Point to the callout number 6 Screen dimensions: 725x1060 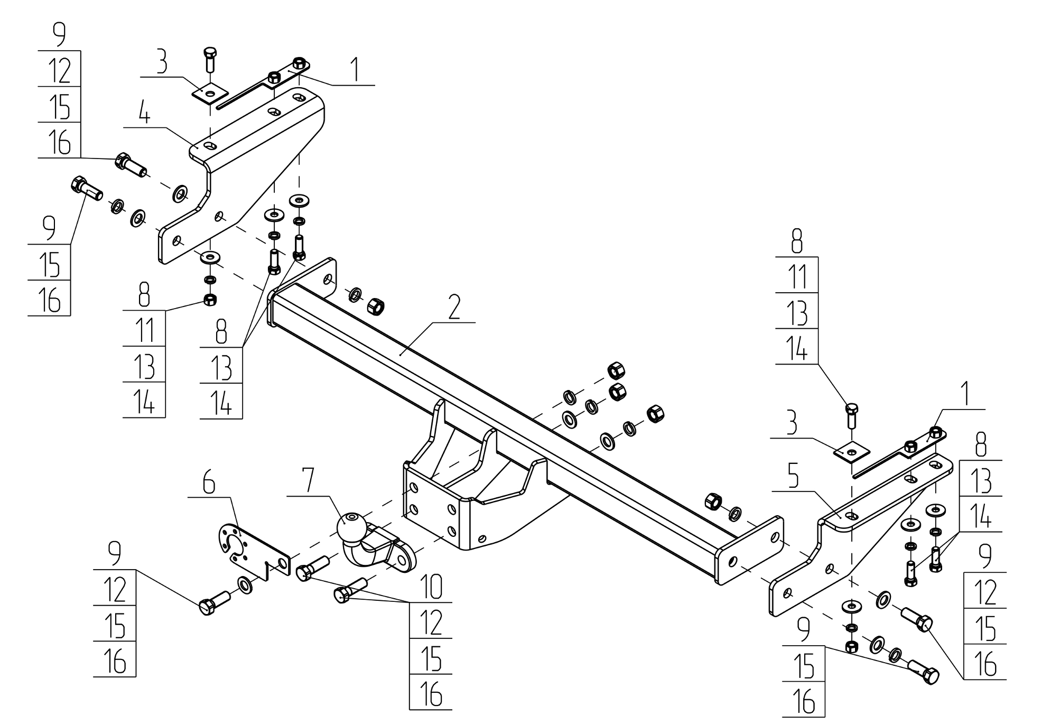tap(209, 484)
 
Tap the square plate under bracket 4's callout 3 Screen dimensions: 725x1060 tap(210, 94)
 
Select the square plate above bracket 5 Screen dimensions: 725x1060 tap(852, 452)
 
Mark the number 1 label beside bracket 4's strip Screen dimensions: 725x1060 tap(356, 70)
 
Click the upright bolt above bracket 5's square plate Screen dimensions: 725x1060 tap(852, 416)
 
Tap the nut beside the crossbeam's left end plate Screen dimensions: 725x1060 tap(375, 304)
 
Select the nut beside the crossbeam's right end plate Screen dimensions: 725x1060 tap(713, 500)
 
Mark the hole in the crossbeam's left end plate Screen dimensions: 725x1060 tap(328, 280)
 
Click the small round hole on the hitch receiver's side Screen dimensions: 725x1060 tap(481, 538)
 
